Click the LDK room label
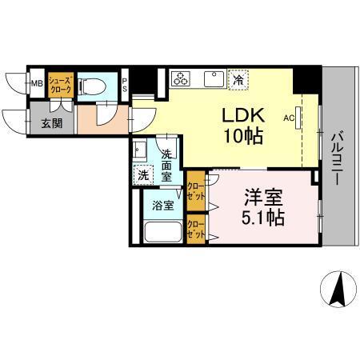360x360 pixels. [x=239, y=124]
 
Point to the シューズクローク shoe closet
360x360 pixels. [x=59, y=84]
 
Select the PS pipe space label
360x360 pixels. [x=126, y=83]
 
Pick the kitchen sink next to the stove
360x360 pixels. [x=213, y=78]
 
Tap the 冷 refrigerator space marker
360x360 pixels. [x=238, y=78]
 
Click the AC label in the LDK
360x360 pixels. [x=289, y=116]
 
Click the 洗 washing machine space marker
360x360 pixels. [x=142, y=174]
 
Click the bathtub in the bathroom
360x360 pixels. [x=162, y=233]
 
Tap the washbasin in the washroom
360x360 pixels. [x=139, y=150]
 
